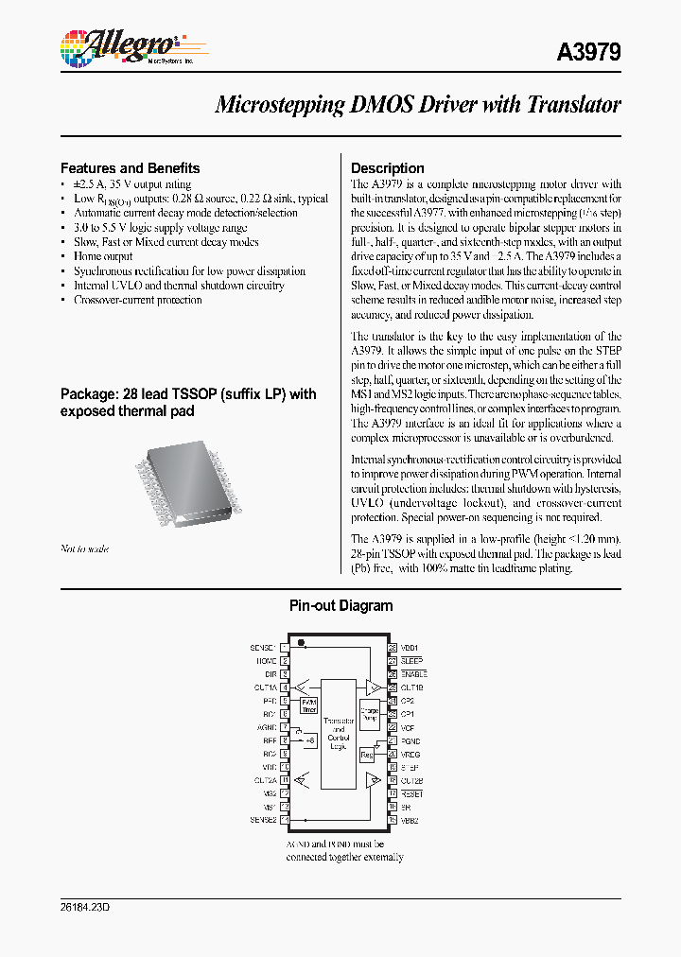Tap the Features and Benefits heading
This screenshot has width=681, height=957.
130,168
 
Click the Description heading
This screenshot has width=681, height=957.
388,168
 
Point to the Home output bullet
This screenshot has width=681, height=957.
103,256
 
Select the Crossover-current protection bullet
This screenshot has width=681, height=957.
137,300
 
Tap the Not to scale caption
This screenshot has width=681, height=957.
84,548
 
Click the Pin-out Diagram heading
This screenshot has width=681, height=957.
340,606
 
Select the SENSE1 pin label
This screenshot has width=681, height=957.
264,648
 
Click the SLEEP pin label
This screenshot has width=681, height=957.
411,661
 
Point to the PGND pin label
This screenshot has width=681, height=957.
410,741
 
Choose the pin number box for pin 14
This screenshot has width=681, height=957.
285,819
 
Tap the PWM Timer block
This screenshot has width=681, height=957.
309,705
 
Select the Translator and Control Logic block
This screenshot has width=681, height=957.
339,733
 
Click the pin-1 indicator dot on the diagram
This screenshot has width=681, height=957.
301,644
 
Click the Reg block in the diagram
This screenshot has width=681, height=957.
367,755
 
